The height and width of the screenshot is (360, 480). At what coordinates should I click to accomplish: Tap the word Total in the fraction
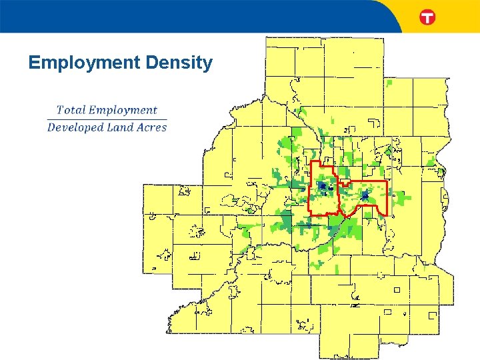(71, 110)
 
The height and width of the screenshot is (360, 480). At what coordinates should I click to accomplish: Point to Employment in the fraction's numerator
(123, 111)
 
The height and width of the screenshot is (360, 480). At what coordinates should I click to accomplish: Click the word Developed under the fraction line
(75, 127)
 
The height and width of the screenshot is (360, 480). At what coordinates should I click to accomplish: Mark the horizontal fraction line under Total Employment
(107, 119)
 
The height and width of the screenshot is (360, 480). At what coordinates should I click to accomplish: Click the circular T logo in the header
(427, 17)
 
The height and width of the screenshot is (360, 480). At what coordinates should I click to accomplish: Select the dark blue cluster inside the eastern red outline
(365, 195)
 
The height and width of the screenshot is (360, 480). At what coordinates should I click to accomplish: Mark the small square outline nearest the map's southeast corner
(433, 315)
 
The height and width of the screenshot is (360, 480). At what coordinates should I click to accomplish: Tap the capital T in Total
(61, 110)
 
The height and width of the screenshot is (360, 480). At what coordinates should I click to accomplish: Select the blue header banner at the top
(200, 16)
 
